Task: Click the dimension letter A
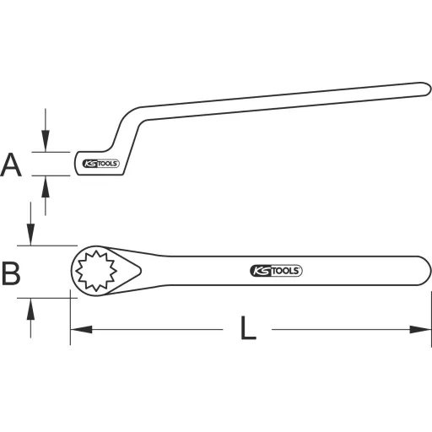11,164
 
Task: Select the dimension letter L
247,329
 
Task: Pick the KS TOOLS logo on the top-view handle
276,271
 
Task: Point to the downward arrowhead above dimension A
46,144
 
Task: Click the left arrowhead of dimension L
76,328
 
